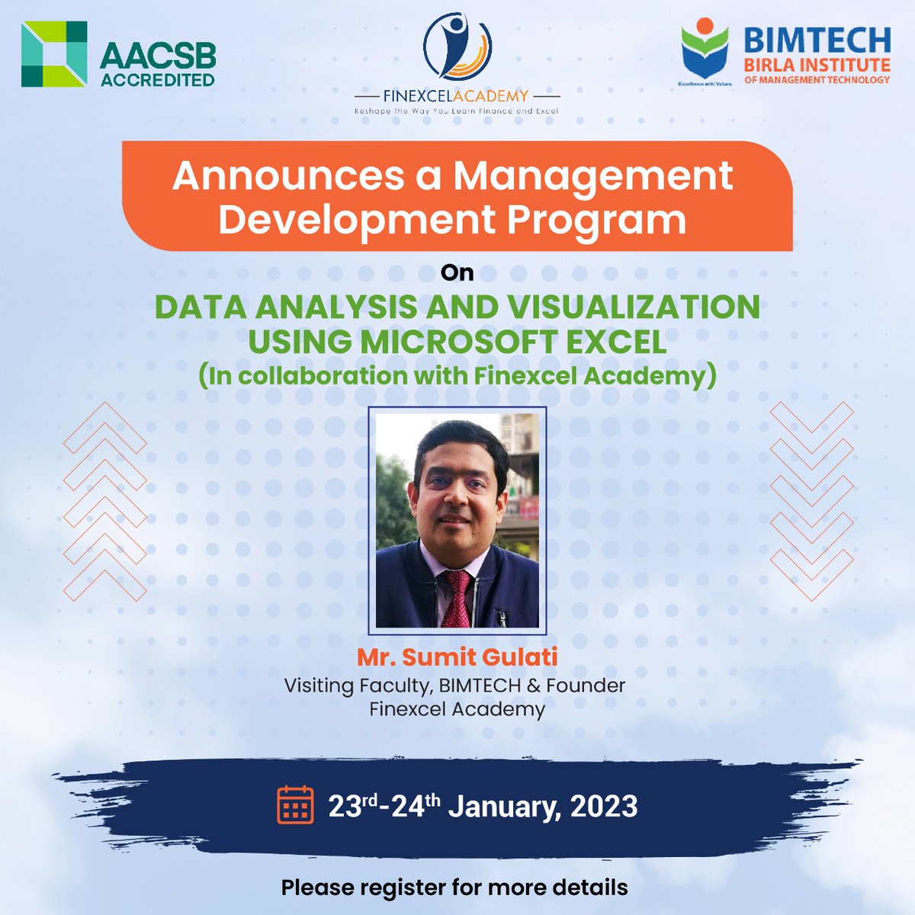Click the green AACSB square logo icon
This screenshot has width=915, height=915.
(53, 53)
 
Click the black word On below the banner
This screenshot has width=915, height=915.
(457, 272)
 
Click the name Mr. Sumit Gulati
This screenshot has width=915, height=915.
(457, 657)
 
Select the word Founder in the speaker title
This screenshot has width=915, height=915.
(586, 685)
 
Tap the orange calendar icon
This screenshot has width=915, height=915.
(294, 804)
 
